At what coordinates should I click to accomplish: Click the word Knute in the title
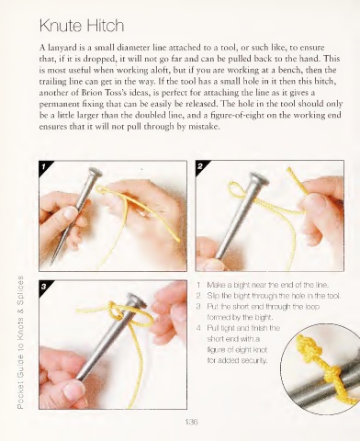coord(61,26)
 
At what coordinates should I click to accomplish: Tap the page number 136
coord(192,422)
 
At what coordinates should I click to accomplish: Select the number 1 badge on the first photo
coord(44,166)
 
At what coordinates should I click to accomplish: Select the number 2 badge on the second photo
coord(200,166)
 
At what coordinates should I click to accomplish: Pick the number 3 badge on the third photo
coord(44,287)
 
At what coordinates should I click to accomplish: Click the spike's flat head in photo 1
coord(95,174)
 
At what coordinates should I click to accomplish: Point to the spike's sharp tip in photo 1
coord(52,263)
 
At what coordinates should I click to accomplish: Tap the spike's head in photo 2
coord(258,179)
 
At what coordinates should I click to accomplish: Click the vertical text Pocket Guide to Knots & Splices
coord(20,342)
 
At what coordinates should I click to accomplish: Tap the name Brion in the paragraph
coord(90,93)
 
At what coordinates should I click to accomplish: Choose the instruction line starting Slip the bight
coord(274,296)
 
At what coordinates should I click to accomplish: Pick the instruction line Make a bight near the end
coord(268,285)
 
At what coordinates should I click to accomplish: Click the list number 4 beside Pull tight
coord(199,328)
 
